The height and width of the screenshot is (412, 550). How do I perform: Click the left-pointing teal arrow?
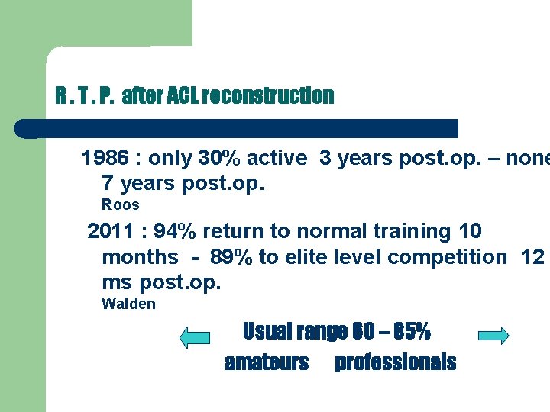pos(194,336)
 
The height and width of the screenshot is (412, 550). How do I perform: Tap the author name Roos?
pos(121,204)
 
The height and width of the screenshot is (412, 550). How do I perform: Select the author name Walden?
pos(128,304)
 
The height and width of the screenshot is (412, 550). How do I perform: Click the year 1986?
pos(105,158)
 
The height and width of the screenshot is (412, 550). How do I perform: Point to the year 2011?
pos(111,230)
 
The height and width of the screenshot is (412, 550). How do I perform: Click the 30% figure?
pos(218,158)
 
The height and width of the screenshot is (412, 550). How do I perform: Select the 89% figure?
pos(234,257)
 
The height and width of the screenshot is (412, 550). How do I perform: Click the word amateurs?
pos(267,362)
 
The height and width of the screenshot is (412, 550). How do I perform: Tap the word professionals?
pos(395,362)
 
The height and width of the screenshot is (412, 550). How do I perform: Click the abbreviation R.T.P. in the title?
pos(85,96)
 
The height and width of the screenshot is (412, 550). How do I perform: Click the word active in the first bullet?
pos(273,158)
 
